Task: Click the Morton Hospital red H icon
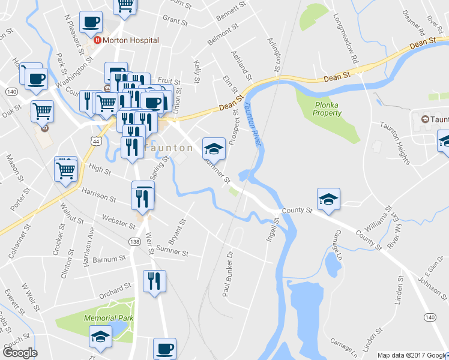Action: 97,40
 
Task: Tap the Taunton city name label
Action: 161,147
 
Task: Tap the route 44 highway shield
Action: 94,140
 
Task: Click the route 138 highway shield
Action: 135,241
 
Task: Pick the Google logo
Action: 20,353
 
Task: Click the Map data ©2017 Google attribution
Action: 412,355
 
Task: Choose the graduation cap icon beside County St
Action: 328,199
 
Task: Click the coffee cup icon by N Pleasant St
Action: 91,23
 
